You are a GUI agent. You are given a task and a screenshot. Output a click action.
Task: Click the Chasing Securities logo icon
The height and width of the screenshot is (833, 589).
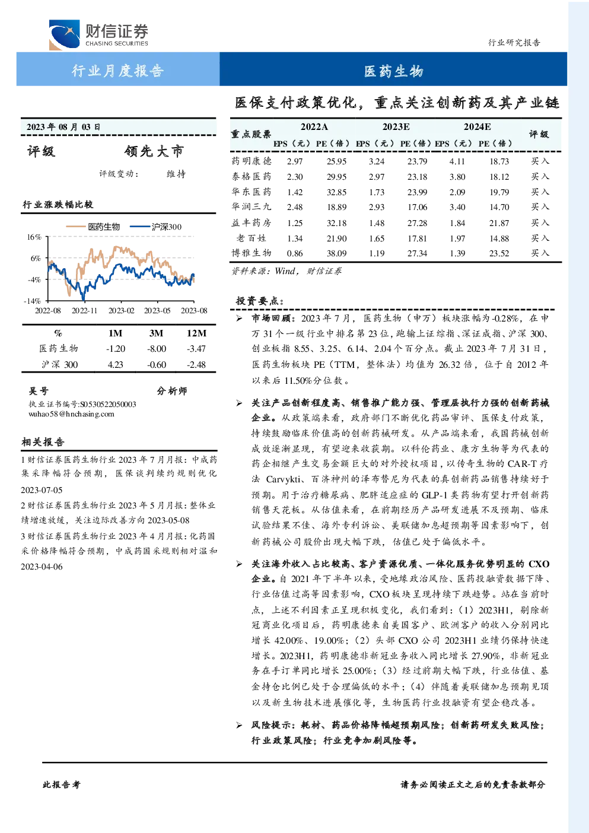pyautogui.click(x=64, y=34)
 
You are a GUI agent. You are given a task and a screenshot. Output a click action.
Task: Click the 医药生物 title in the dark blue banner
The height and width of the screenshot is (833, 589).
pyautogui.click(x=393, y=71)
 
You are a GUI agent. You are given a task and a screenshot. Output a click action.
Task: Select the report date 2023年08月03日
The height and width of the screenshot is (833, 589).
pyautogui.click(x=63, y=127)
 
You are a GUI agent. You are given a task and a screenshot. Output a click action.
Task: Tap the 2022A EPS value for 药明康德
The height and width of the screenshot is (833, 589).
pyautogui.click(x=294, y=161)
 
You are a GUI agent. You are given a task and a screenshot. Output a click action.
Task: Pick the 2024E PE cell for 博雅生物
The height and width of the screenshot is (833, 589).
pyautogui.click(x=499, y=253)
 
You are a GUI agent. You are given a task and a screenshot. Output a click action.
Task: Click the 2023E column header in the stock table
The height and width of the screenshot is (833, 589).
pyautogui.click(x=396, y=127)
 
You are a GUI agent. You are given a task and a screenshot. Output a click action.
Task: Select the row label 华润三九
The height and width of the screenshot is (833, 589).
pyautogui.click(x=251, y=206)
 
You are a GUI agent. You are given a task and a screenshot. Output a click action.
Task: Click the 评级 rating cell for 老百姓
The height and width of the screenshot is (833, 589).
pyautogui.click(x=540, y=238)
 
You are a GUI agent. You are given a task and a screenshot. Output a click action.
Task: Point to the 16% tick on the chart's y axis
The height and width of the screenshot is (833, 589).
pyautogui.click(x=34, y=237)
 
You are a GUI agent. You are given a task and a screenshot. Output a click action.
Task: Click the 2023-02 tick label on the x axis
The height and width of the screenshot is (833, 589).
pyautogui.click(x=121, y=310)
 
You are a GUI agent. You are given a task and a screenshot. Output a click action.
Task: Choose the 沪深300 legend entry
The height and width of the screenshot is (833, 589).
pyautogui.click(x=156, y=227)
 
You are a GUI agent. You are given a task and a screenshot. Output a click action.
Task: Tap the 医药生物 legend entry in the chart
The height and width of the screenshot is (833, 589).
pyautogui.click(x=93, y=227)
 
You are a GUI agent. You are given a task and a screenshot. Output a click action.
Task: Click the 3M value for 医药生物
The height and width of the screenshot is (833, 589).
pyautogui.click(x=156, y=349)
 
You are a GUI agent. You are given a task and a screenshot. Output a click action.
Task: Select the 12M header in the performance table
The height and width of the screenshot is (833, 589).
pyautogui.click(x=196, y=333)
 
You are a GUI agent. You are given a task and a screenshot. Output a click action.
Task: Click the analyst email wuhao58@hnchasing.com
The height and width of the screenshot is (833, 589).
pyautogui.click(x=71, y=414)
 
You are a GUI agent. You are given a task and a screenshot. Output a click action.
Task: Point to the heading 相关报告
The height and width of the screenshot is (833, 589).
pyautogui.click(x=43, y=442)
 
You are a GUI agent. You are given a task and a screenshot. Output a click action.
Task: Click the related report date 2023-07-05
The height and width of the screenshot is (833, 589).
pyautogui.click(x=42, y=490)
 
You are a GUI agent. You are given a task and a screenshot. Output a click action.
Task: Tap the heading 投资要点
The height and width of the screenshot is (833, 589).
pyautogui.click(x=260, y=301)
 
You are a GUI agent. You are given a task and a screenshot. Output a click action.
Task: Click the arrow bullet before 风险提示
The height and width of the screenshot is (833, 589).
pyautogui.click(x=239, y=725)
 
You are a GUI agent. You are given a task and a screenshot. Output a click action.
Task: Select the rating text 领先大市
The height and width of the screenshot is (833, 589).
pyautogui.click(x=154, y=151)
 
